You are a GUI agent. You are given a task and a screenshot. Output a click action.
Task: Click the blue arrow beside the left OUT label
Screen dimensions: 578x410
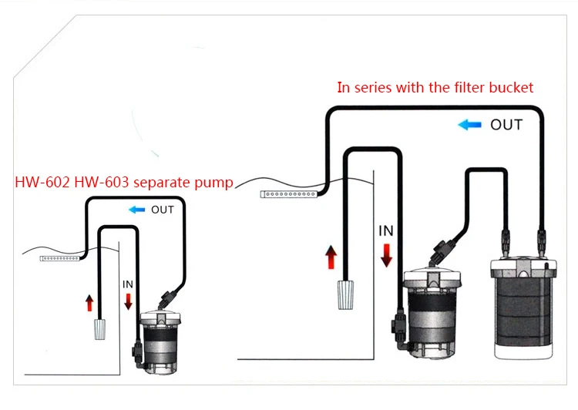click(x=136, y=210)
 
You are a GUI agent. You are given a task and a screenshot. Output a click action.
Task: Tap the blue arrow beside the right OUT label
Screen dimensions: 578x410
click(x=469, y=125)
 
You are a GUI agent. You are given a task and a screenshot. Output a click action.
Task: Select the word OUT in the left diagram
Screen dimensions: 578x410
click(x=163, y=210)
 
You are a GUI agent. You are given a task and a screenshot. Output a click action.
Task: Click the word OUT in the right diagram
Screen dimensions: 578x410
click(x=506, y=125)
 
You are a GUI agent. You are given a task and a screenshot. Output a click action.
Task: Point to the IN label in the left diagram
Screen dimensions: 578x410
click(x=128, y=284)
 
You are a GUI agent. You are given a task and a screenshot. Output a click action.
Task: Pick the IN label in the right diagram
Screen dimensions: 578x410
click(x=386, y=230)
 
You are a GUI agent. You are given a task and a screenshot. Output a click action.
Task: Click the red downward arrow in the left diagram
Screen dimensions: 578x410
click(x=128, y=301)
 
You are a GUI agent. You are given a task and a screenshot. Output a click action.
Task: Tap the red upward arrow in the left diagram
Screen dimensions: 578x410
click(x=89, y=303)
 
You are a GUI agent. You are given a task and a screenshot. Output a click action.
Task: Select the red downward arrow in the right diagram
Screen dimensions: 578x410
click(x=386, y=255)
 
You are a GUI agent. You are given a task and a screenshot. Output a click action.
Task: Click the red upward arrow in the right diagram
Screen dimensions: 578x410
click(x=331, y=257)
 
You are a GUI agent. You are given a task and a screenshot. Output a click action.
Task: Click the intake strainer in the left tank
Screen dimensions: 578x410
click(x=100, y=329)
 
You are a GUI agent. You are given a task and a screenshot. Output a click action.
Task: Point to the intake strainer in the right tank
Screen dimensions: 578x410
click(x=345, y=295)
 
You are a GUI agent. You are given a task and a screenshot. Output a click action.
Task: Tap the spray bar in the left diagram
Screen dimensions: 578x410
click(x=59, y=258)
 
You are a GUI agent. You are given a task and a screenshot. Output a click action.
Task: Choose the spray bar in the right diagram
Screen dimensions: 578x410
click(x=289, y=194)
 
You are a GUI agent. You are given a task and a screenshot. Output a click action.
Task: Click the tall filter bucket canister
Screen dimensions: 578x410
click(x=523, y=309)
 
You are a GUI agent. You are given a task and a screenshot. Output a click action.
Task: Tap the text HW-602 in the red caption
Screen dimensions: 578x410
click(x=42, y=182)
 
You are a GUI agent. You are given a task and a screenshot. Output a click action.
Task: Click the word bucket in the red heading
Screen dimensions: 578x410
click(x=511, y=87)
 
